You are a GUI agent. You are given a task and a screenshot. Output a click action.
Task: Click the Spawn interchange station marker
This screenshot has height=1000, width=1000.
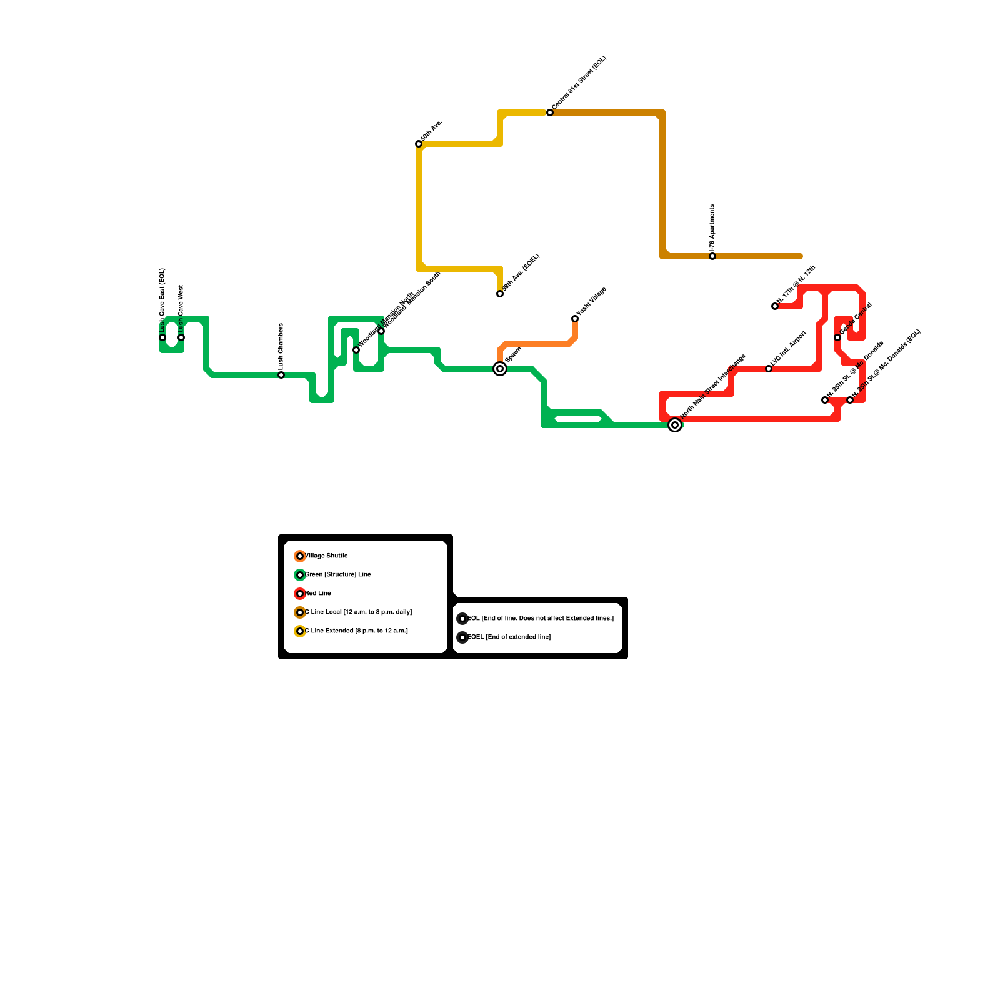(500, 369)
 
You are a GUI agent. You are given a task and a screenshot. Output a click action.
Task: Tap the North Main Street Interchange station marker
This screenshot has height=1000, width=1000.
(675, 425)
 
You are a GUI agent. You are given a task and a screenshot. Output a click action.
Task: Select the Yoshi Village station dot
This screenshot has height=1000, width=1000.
(575, 319)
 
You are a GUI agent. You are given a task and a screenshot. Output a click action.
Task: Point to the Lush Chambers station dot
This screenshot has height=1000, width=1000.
(281, 375)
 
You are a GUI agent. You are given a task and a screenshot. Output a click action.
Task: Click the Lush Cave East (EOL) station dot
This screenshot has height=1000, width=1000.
(162, 337)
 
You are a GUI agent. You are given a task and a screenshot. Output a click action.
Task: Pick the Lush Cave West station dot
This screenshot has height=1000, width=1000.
(181, 337)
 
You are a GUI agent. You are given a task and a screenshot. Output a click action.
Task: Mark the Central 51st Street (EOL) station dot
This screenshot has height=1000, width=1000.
(550, 112)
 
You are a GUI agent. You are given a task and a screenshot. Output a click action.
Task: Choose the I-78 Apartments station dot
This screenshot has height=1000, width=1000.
(712, 256)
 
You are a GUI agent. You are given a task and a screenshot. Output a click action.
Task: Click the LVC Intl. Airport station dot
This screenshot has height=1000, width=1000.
(769, 369)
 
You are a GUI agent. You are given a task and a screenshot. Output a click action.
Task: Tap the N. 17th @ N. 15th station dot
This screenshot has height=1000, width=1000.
(775, 306)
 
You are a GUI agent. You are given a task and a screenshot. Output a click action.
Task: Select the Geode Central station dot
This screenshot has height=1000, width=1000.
(837, 337)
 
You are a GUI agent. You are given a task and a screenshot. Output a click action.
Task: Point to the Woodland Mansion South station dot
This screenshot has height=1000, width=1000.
(381, 331)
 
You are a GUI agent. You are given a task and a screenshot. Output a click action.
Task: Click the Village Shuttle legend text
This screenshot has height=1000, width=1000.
(326, 556)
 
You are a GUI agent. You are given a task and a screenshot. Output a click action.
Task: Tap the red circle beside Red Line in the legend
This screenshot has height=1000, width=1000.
(300, 594)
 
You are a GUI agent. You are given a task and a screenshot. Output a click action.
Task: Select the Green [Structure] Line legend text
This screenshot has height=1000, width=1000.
(338, 574)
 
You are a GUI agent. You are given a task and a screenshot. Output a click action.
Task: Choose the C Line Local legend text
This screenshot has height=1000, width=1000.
(358, 612)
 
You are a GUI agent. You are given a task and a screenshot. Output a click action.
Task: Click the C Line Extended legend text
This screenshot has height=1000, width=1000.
(356, 631)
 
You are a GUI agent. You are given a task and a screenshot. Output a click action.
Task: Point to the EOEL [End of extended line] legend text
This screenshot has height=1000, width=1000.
(509, 637)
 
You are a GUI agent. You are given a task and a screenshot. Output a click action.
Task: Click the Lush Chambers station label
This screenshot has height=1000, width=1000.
(281, 347)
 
